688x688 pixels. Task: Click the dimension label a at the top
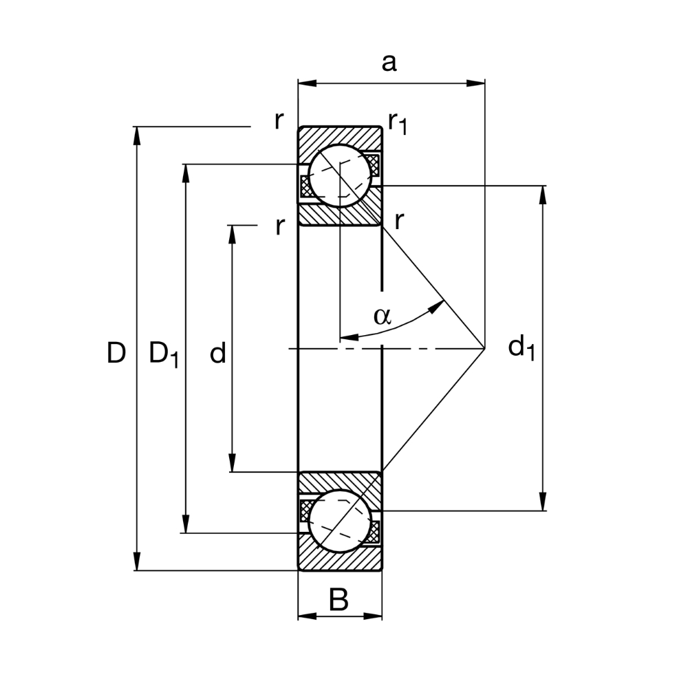(389, 63)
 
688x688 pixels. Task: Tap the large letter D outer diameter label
(116, 354)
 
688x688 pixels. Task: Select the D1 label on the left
(164, 355)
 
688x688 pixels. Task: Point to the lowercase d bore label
(217, 354)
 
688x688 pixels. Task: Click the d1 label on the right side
(521, 347)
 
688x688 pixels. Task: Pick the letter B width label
(338, 601)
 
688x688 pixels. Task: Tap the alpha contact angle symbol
(382, 316)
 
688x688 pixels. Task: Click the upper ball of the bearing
(339, 175)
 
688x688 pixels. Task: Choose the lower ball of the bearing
(339, 521)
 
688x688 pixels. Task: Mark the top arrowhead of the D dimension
(137, 135)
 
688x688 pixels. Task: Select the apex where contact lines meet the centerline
(484, 349)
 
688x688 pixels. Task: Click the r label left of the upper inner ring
(279, 226)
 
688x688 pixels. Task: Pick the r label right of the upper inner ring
(398, 222)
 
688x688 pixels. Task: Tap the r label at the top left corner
(278, 120)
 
